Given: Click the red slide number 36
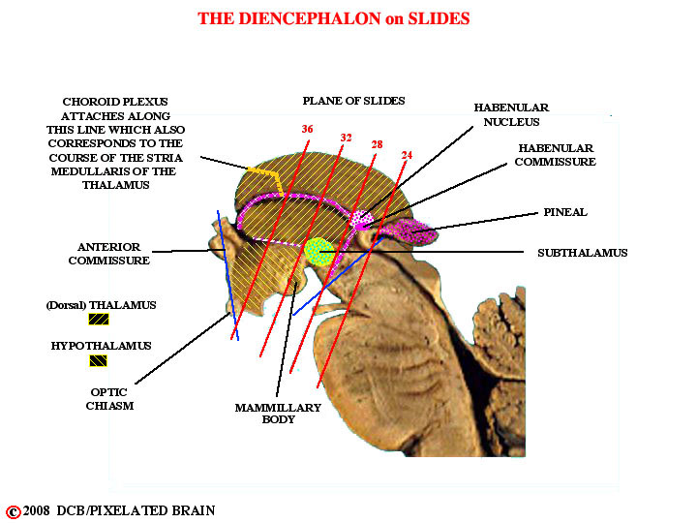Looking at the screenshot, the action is pos(307,129).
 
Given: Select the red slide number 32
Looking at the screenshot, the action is pos(346,138).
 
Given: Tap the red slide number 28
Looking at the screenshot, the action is pos(377,144).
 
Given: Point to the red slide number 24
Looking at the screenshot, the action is pos(407,155).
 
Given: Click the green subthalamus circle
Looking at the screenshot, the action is pos(319,252).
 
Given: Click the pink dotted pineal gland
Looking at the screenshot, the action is pos(409,231).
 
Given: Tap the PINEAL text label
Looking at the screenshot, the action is pos(565,212).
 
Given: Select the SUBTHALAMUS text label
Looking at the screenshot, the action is pos(583,253).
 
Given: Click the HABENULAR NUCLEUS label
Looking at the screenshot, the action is pos(512,114).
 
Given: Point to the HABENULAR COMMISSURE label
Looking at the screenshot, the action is pos(556,155).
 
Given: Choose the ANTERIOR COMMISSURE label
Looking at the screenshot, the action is pos(108,254).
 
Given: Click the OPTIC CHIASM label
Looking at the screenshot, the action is pos(109,399).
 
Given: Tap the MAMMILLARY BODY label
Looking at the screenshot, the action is pos(278,414).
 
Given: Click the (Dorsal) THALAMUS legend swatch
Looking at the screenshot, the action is pos(99,320).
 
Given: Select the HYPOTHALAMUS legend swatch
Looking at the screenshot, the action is pos(98,360).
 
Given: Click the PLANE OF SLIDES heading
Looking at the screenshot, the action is pos(354,101).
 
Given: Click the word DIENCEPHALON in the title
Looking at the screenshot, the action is pos(310,18).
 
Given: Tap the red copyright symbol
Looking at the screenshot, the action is pos(14,512).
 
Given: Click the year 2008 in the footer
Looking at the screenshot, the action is pos(37,510).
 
